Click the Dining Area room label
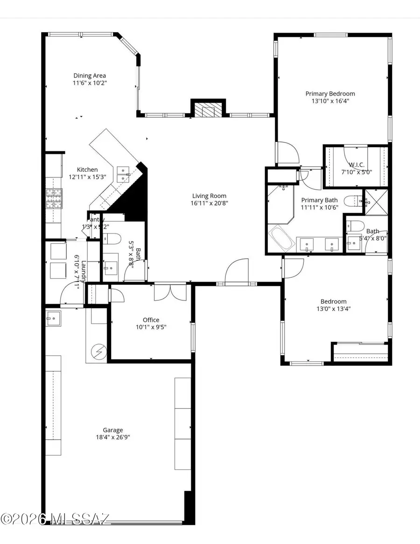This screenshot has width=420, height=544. pos(90,76)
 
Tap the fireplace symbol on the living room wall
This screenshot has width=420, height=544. pos(208,110)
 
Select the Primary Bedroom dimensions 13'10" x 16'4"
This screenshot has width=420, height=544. pos(330,100)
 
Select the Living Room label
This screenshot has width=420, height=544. pos(210,196)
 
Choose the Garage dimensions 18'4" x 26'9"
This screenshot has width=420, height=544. pos(113,438)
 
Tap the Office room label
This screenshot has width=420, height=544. pos(151,320)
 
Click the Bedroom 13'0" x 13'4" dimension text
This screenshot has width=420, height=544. pos(333,309)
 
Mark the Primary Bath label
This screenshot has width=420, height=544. pos(319,200)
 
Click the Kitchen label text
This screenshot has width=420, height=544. pos(87,170)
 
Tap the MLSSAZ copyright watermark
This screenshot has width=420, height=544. pos(55,519)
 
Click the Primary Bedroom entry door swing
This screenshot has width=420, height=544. pos(287,152)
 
